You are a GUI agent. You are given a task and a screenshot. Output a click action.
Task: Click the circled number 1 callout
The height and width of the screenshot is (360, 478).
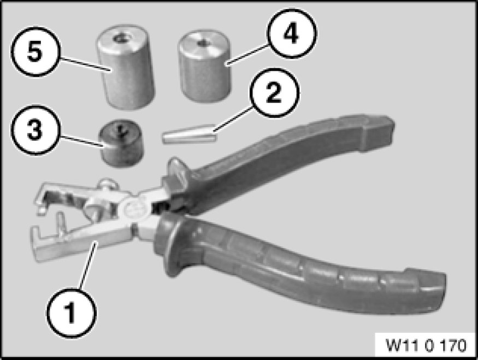tap(72, 313)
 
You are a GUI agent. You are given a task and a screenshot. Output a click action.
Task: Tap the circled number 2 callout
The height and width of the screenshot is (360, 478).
tap(274, 93)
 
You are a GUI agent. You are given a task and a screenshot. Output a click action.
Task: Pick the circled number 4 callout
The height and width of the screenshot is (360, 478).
tap(291, 34)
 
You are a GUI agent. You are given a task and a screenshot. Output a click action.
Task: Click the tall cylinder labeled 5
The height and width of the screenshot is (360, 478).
tap(126, 67)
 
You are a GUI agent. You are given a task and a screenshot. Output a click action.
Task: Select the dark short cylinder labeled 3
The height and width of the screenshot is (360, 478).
tap(121, 143)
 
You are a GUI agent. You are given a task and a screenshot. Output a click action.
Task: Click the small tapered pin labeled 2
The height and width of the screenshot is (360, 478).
tap(190, 134)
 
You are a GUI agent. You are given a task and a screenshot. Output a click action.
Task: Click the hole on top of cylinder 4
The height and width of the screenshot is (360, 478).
tap(201, 43)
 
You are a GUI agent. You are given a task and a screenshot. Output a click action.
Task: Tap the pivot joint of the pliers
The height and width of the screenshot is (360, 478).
tap(133, 208)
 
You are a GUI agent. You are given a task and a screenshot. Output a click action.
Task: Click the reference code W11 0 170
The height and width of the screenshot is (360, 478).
tap(426, 345)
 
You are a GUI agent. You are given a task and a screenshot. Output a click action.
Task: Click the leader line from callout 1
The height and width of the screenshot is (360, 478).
tap(89, 264)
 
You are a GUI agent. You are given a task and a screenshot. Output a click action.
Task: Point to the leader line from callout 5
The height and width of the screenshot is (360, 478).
tap(84, 64)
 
